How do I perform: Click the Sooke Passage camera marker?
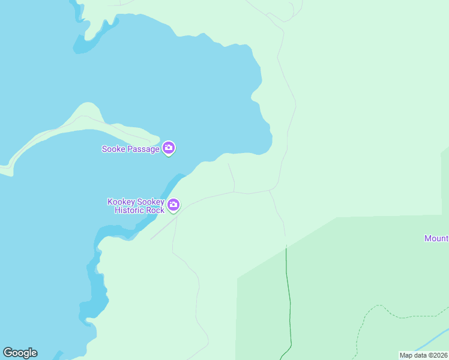(x=169, y=148)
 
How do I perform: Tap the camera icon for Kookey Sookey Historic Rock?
(x=173, y=205)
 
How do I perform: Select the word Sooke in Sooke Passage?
(x=113, y=149)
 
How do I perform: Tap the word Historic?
(x=130, y=211)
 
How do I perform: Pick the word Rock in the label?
(x=155, y=211)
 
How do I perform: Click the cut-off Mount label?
(x=436, y=239)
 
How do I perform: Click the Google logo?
(x=20, y=353)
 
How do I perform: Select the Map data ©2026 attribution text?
(x=424, y=355)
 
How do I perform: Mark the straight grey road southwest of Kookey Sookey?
(x=162, y=229)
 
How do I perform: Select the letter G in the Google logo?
(x=8, y=353)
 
